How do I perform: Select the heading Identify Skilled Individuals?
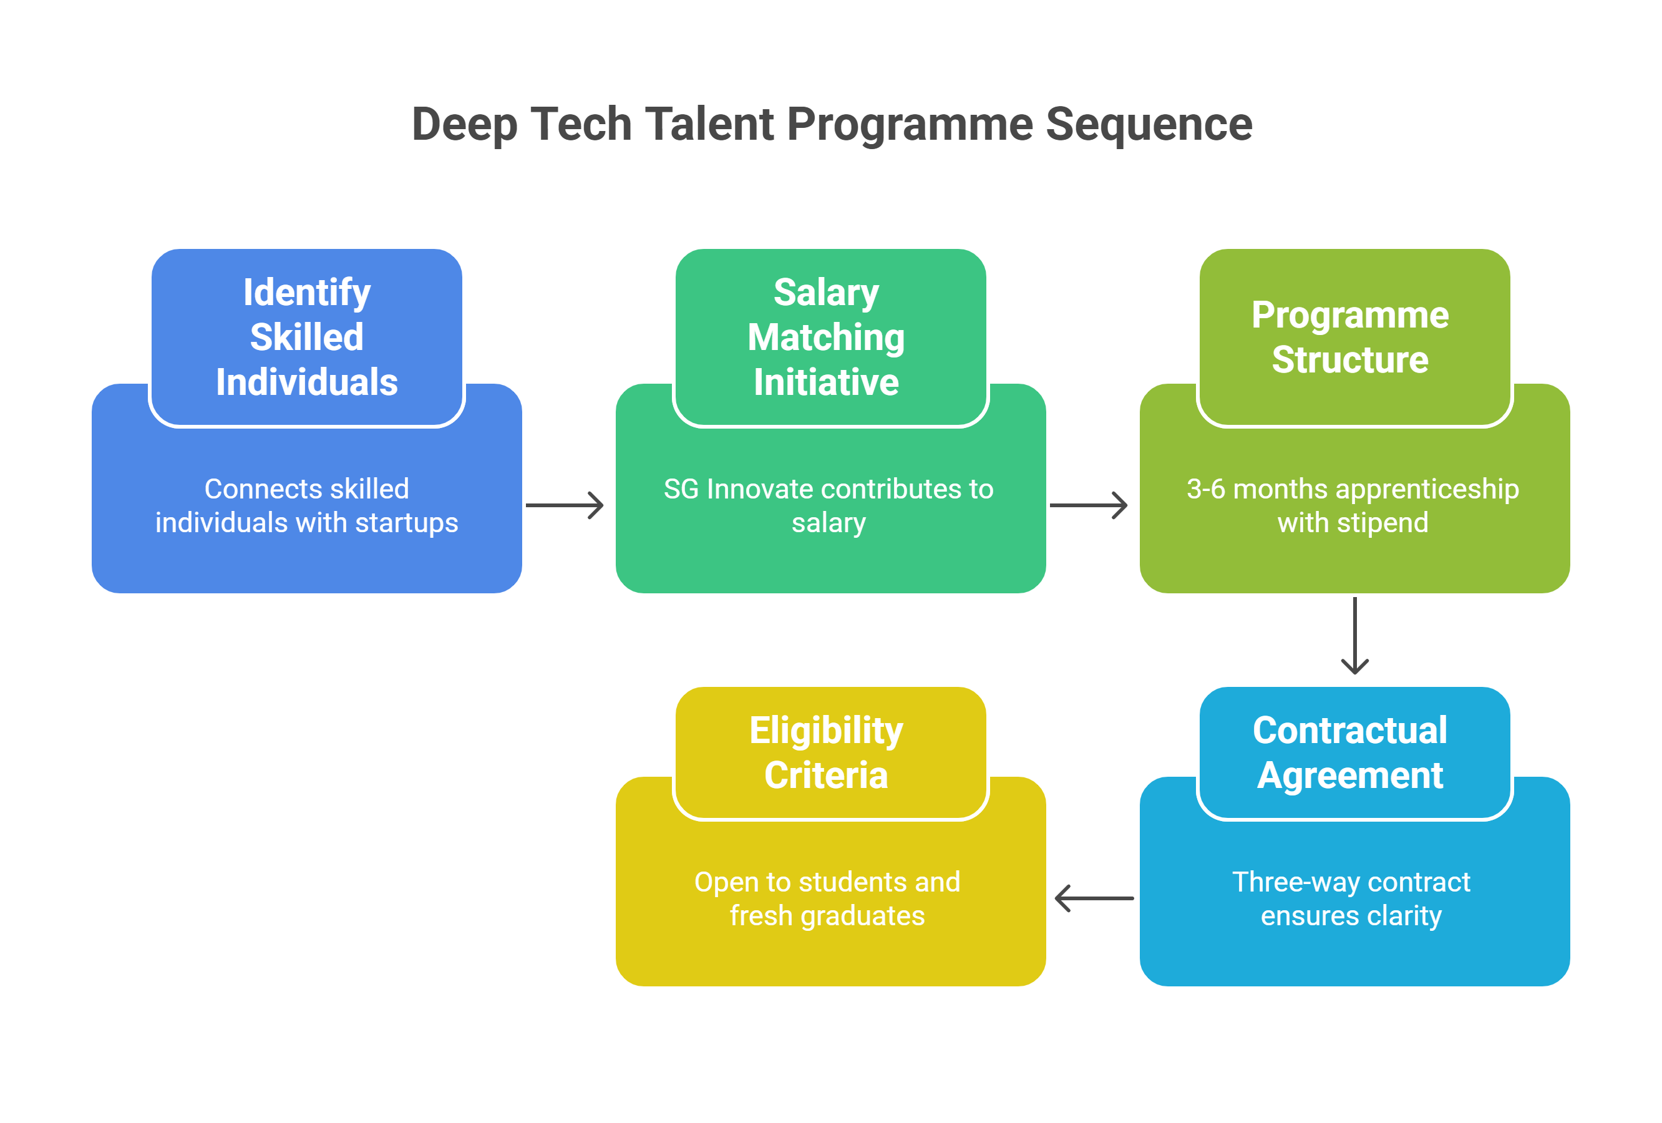(x=307, y=337)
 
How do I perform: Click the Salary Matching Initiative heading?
(x=827, y=337)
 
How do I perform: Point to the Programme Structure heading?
(x=1350, y=337)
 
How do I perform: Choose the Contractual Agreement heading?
(x=1350, y=752)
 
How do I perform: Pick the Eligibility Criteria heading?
(x=827, y=752)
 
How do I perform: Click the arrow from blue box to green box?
(x=564, y=505)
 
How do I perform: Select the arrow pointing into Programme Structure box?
(x=1089, y=505)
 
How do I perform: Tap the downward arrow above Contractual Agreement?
(x=1354, y=635)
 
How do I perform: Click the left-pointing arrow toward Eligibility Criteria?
(x=1094, y=898)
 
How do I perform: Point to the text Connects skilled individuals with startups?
(x=307, y=506)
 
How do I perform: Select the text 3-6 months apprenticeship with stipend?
(x=1353, y=506)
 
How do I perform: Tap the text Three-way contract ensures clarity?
(x=1351, y=898)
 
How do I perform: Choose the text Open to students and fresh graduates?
(x=827, y=898)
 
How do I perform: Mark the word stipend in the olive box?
(x=1383, y=523)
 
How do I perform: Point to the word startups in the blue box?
(x=407, y=523)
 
